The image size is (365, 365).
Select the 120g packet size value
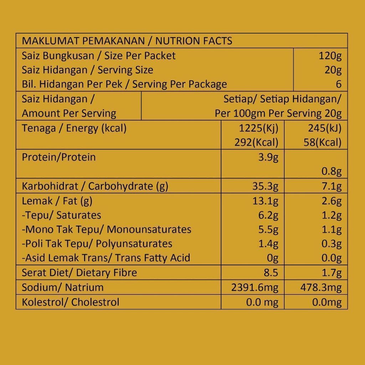[x=330, y=56]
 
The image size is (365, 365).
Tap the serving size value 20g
[x=333, y=70]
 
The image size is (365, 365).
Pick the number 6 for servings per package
[x=339, y=84]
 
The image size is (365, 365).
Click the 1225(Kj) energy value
[x=259, y=128]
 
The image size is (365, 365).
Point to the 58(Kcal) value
[x=322, y=143]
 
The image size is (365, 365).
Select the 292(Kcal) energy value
[x=256, y=143]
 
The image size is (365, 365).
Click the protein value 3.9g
[x=268, y=157]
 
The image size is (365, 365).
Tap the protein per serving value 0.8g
[x=331, y=171]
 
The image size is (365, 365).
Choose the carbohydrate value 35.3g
[x=265, y=186]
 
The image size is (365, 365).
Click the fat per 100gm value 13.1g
[x=265, y=201]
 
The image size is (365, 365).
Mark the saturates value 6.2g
[x=268, y=215]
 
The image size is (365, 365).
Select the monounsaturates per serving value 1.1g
[x=331, y=230]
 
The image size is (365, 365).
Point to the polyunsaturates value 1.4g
[x=268, y=244]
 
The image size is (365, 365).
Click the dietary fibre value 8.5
[x=271, y=273]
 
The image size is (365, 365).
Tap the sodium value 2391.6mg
[x=255, y=288]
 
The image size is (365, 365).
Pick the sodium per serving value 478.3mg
[x=321, y=288]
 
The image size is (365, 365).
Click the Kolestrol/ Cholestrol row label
[x=71, y=302]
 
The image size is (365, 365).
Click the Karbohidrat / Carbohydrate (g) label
[x=95, y=186]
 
